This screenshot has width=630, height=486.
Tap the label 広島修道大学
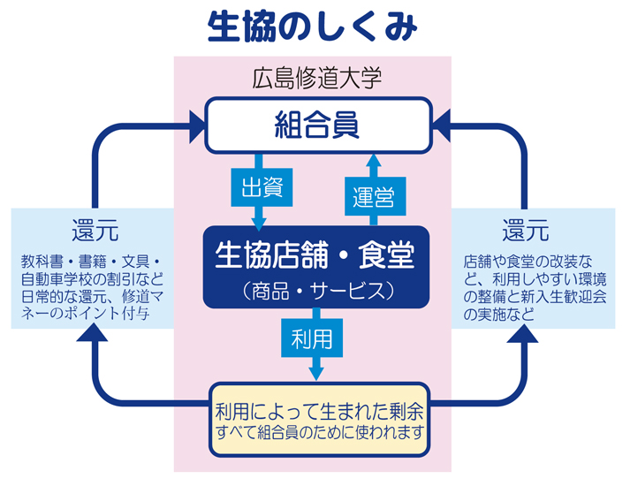pyautogui.click(x=315, y=78)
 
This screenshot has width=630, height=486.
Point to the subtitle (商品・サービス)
pyautogui.click(x=315, y=289)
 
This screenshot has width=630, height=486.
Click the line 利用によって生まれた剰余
pyautogui.click(x=319, y=411)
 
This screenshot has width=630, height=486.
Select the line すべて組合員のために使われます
pyautogui.click(x=319, y=433)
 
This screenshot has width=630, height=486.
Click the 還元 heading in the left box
pyautogui.click(x=95, y=232)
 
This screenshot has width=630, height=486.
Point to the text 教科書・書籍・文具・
pyautogui.click(x=92, y=262)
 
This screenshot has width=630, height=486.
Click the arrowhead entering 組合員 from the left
pyautogui.click(x=193, y=125)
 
